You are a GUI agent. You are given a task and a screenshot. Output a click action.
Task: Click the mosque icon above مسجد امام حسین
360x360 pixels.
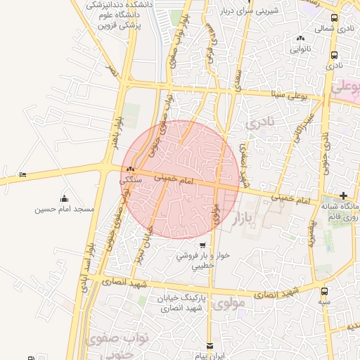65,198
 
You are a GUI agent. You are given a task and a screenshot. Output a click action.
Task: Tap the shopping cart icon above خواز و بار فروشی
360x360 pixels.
202,245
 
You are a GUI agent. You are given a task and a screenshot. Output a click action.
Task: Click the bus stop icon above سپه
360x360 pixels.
324,291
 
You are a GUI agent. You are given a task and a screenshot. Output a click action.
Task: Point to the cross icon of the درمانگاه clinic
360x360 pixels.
343,195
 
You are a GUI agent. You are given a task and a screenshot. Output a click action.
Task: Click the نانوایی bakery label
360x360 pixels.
301,50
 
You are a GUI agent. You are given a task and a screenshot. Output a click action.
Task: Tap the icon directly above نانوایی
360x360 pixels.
301,39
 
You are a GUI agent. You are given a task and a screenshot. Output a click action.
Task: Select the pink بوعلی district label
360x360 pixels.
346,89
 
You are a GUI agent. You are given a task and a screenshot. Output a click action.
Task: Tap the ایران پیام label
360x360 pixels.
210,356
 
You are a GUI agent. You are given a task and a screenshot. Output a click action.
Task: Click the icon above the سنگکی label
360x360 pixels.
131,169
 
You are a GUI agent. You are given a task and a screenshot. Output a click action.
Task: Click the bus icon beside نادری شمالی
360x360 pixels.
335,29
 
